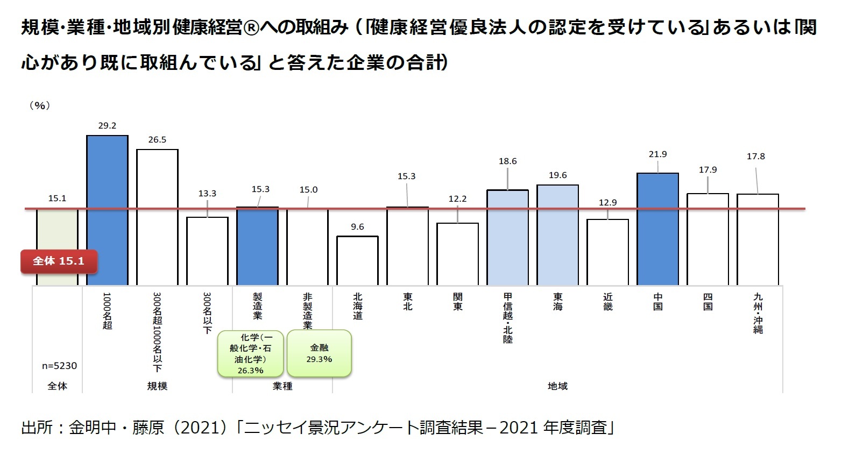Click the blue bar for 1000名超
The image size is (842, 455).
[107, 210]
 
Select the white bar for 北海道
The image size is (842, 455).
[357, 260]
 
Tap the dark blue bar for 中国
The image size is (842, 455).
[657, 229]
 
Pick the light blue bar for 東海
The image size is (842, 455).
[557, 234]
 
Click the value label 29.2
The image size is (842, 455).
[107, 125]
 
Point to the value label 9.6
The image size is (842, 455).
[357, 226]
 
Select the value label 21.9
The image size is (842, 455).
[657, 154]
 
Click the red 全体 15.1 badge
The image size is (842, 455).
[59, 261]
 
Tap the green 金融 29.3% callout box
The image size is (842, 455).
[319, 353]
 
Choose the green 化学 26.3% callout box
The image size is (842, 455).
[250, 353]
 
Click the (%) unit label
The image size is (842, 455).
[39, 105]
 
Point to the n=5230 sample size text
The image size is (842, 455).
[59, 366]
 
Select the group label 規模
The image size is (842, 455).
[157, 386]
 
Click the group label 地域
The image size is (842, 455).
[557, 386]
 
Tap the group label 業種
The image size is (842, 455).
[282, 386]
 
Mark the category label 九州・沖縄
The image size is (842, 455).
[758, 313]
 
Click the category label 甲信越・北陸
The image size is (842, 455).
[507, 317]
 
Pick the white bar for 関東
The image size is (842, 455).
[457, 254]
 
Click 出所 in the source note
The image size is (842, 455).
[37, 428]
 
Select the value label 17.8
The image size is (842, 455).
[755, 157]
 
